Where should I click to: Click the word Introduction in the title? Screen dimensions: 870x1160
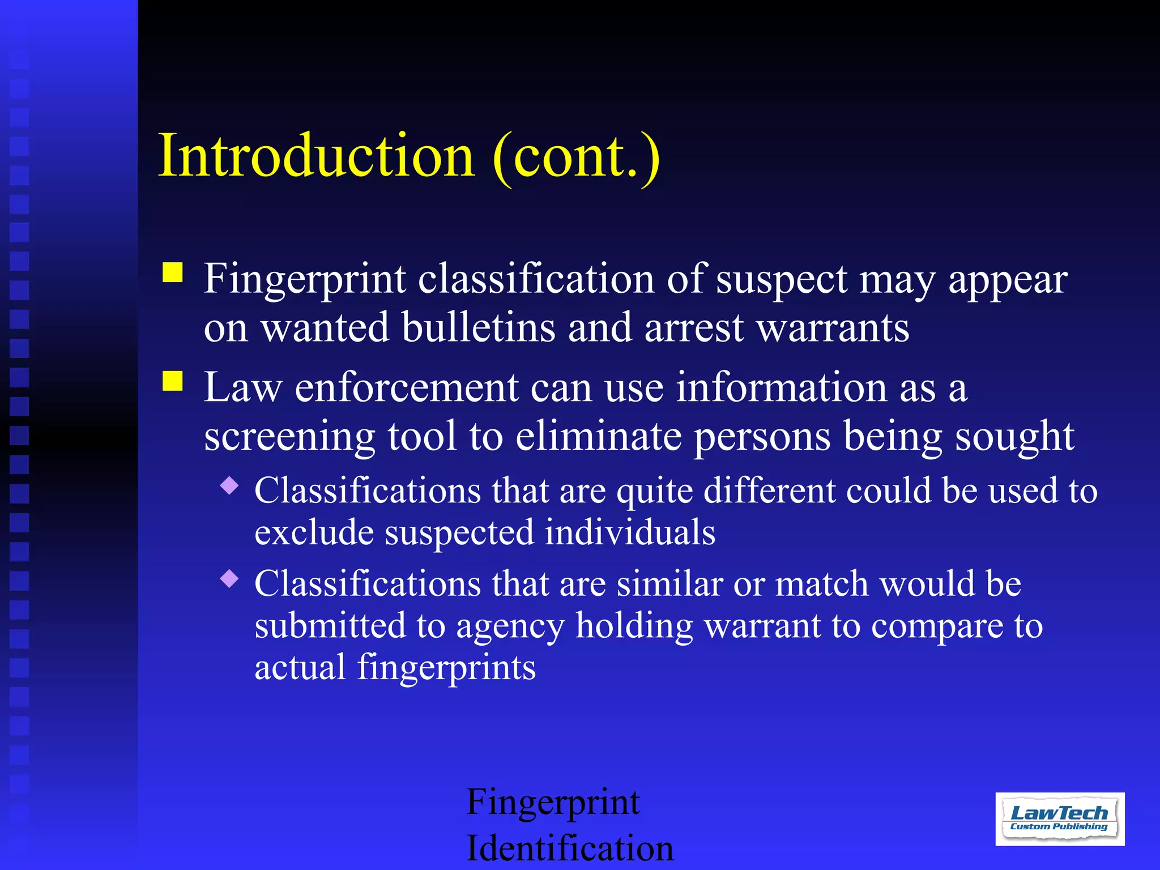click(316, 155)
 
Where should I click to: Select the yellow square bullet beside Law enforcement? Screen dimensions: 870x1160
click(173, 381)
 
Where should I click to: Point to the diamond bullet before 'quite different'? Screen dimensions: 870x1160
click(229, 485)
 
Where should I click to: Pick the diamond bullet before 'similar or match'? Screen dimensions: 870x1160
click(229, 578)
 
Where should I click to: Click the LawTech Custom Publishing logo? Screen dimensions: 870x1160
click(1060, 819)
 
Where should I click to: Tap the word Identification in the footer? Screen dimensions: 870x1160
click(570, 848)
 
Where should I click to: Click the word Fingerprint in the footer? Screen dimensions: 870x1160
click(553, 803)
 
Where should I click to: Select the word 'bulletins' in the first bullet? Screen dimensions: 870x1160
click(479, 328)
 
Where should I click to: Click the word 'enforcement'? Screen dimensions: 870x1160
click(406, 388)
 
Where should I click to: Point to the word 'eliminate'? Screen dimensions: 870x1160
click(598, 437)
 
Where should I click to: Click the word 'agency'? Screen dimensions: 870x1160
click(510, 627)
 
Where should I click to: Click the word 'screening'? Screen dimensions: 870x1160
click(289, 437)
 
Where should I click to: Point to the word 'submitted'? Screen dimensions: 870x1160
click(329, 626)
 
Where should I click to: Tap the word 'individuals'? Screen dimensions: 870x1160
click(630, 532)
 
